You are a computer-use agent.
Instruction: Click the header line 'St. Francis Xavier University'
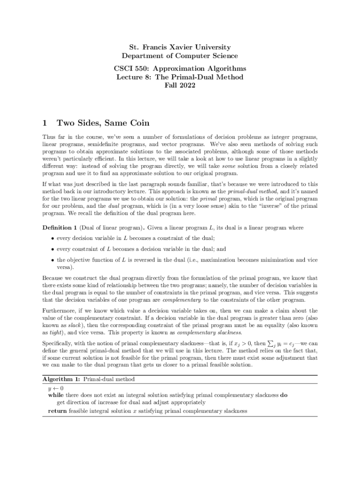(x=180, y=47)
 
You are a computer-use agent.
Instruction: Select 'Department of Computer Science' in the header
(x=180, y=56)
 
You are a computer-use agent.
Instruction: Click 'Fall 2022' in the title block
(x=180, y=85)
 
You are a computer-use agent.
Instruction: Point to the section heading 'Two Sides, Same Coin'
(x=103, y=123)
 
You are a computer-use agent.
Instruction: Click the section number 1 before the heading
(x=44, y=123)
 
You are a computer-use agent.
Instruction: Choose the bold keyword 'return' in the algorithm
(x=58, y=411)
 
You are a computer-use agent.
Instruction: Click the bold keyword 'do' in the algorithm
(x=284, y=395)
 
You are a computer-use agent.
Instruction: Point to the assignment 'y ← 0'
(x=56, y=387)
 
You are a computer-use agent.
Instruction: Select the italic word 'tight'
(x=57, y=333)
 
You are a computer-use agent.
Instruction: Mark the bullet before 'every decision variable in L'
(x=52, y=239)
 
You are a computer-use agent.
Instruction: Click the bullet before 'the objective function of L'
(x=52, y=260)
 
